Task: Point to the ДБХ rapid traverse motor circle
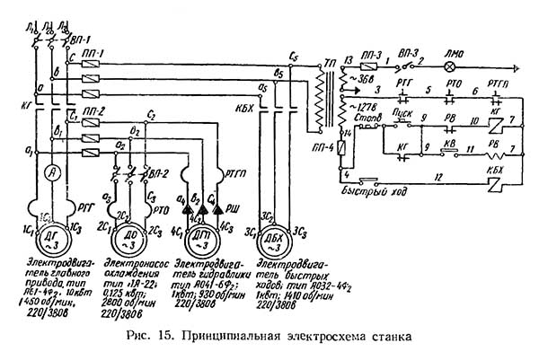(275, 239)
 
